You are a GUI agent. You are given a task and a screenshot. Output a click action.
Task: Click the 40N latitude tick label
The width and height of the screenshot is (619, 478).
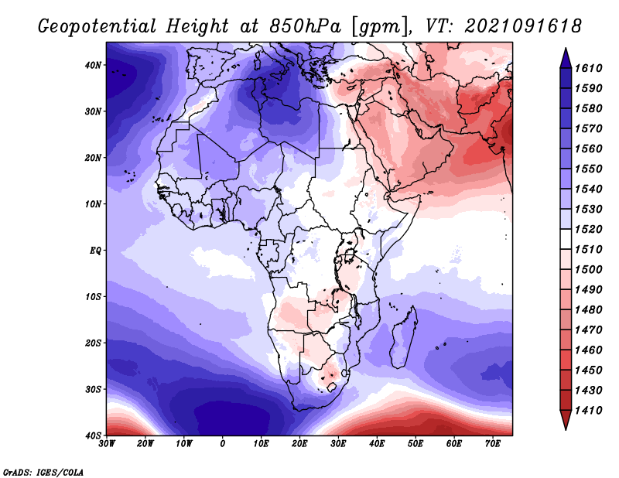(x=93, y=65)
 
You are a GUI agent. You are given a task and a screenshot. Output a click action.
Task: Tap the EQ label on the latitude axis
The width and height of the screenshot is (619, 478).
(x=95, y=251)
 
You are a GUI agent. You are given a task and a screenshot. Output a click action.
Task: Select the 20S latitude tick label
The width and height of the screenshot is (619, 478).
(x=93, y=343)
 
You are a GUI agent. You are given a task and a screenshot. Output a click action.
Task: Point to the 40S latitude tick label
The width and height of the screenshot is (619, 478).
(x=93, y=435)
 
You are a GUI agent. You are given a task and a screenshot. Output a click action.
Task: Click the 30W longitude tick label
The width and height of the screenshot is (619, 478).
(x=107, y=444)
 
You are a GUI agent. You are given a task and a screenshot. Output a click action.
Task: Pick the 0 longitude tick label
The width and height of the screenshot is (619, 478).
(x=223, y=444)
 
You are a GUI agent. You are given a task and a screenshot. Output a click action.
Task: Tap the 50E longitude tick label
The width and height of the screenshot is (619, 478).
(x=416, y=444)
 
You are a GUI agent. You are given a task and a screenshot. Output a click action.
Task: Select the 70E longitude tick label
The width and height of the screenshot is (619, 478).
(x=493, y=444)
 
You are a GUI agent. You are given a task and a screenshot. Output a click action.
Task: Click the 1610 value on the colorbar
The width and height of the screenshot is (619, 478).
(x=589, y=68)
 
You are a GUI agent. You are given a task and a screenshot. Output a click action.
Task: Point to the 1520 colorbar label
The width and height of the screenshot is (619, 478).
(x=589, y=229)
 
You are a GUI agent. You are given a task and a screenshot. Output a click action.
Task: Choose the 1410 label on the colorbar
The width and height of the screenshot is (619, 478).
(x=589, y=411)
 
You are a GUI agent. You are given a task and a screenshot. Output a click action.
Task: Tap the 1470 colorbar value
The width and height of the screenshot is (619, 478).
(x=589, y=330)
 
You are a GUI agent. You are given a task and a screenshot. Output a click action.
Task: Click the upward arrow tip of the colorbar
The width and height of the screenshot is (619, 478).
(x=566, y=49)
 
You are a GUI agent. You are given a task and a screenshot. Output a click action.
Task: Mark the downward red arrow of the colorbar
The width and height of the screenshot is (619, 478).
(x=566, y=419)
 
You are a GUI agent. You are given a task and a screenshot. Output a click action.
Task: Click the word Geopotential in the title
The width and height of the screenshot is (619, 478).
(x=98, y=26)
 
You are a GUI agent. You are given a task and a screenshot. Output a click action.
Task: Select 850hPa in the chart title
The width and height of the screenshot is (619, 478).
(x=305, y=26)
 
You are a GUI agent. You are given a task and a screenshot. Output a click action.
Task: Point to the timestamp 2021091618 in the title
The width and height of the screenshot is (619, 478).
(x=523, y=26)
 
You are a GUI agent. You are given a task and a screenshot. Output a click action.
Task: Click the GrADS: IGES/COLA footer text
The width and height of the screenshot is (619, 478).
(x=43, y=473)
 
